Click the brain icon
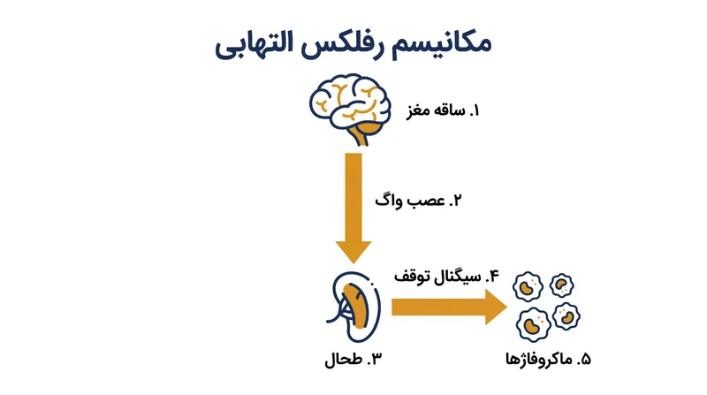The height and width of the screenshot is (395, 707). (349, 109)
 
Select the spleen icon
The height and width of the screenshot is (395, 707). (353, 307)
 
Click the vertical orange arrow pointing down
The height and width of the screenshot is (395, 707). (353, 209)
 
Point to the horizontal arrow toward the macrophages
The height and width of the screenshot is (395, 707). (449, 307)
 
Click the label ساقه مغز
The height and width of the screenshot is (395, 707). (436, 111)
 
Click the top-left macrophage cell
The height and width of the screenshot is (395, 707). (528, 286)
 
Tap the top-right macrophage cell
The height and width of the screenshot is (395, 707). (562, 285)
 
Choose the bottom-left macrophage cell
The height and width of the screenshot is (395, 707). (534, 324)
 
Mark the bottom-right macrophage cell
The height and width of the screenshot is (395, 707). (566, 316)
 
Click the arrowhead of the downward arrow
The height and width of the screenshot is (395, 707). (353, 253)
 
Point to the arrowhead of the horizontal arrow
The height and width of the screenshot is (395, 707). (497, 307)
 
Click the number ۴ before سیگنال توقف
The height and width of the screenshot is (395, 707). (493, 276)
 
